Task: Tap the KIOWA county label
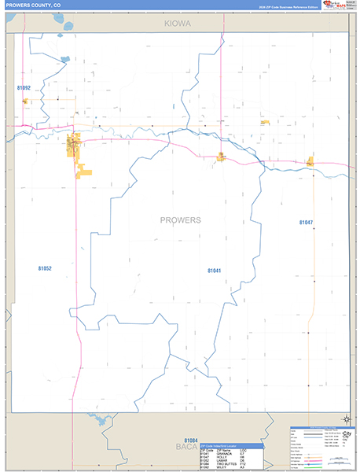pyautogui.click(x=178, y=24)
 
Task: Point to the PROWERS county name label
pyautogui.click(x=180, y=219)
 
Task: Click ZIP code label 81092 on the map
pyautogui.click(x=24, y=88)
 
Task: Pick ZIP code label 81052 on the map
pyautogui.click(x=44, y=268)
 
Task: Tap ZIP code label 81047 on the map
pyautogui.click(x=306, y=223)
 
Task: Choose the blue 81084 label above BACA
pyautogui.click(x=191, y=441)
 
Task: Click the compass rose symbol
pyautogui.click(x=343, y=419)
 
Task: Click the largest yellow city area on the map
pyautogui.click(x=75, y=146)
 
